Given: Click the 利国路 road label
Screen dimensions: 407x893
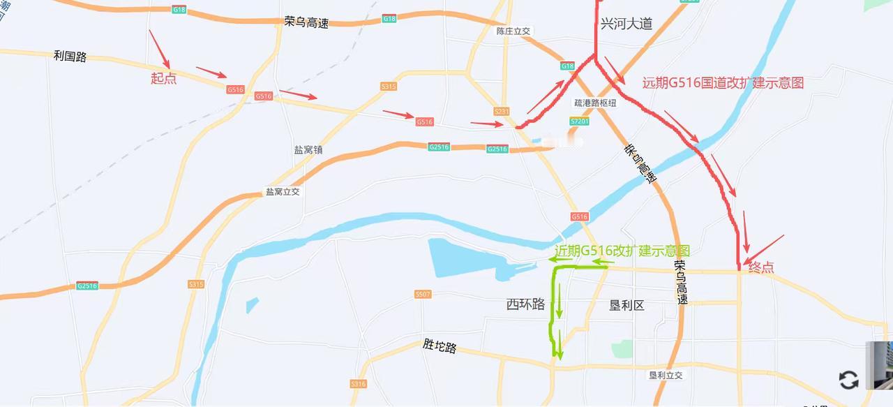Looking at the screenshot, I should coord(70,56).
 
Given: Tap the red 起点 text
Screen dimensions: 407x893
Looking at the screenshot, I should coord(164,78).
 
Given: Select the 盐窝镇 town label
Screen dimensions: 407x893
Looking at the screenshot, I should coord(308,149).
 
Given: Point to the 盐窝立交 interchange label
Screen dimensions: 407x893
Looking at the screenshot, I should coord(283,191).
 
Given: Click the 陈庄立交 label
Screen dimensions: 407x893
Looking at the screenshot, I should coord(513,31).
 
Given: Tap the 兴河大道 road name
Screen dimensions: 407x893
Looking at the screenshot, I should coord(626,24).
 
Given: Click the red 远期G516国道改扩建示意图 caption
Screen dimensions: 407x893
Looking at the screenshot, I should coord(723,83).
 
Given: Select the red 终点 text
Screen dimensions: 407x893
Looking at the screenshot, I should coord(761,267).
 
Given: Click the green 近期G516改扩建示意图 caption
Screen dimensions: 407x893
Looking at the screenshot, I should coord(622,251).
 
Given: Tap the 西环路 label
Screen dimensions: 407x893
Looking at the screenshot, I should coord(525,304).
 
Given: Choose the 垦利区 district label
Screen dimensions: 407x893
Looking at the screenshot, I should coord(626,304).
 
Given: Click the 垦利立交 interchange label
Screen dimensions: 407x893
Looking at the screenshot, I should coord(666,375).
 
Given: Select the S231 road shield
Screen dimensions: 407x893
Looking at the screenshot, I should coord(501,112).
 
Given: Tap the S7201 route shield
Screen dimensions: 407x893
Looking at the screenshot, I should coord(580,121).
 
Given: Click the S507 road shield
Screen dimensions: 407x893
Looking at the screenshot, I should coord(423,294).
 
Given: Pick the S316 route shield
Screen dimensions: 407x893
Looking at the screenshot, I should coord(359,383).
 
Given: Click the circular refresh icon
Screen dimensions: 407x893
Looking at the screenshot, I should coord(848,380).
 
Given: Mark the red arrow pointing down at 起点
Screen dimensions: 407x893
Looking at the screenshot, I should coord(159,48).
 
